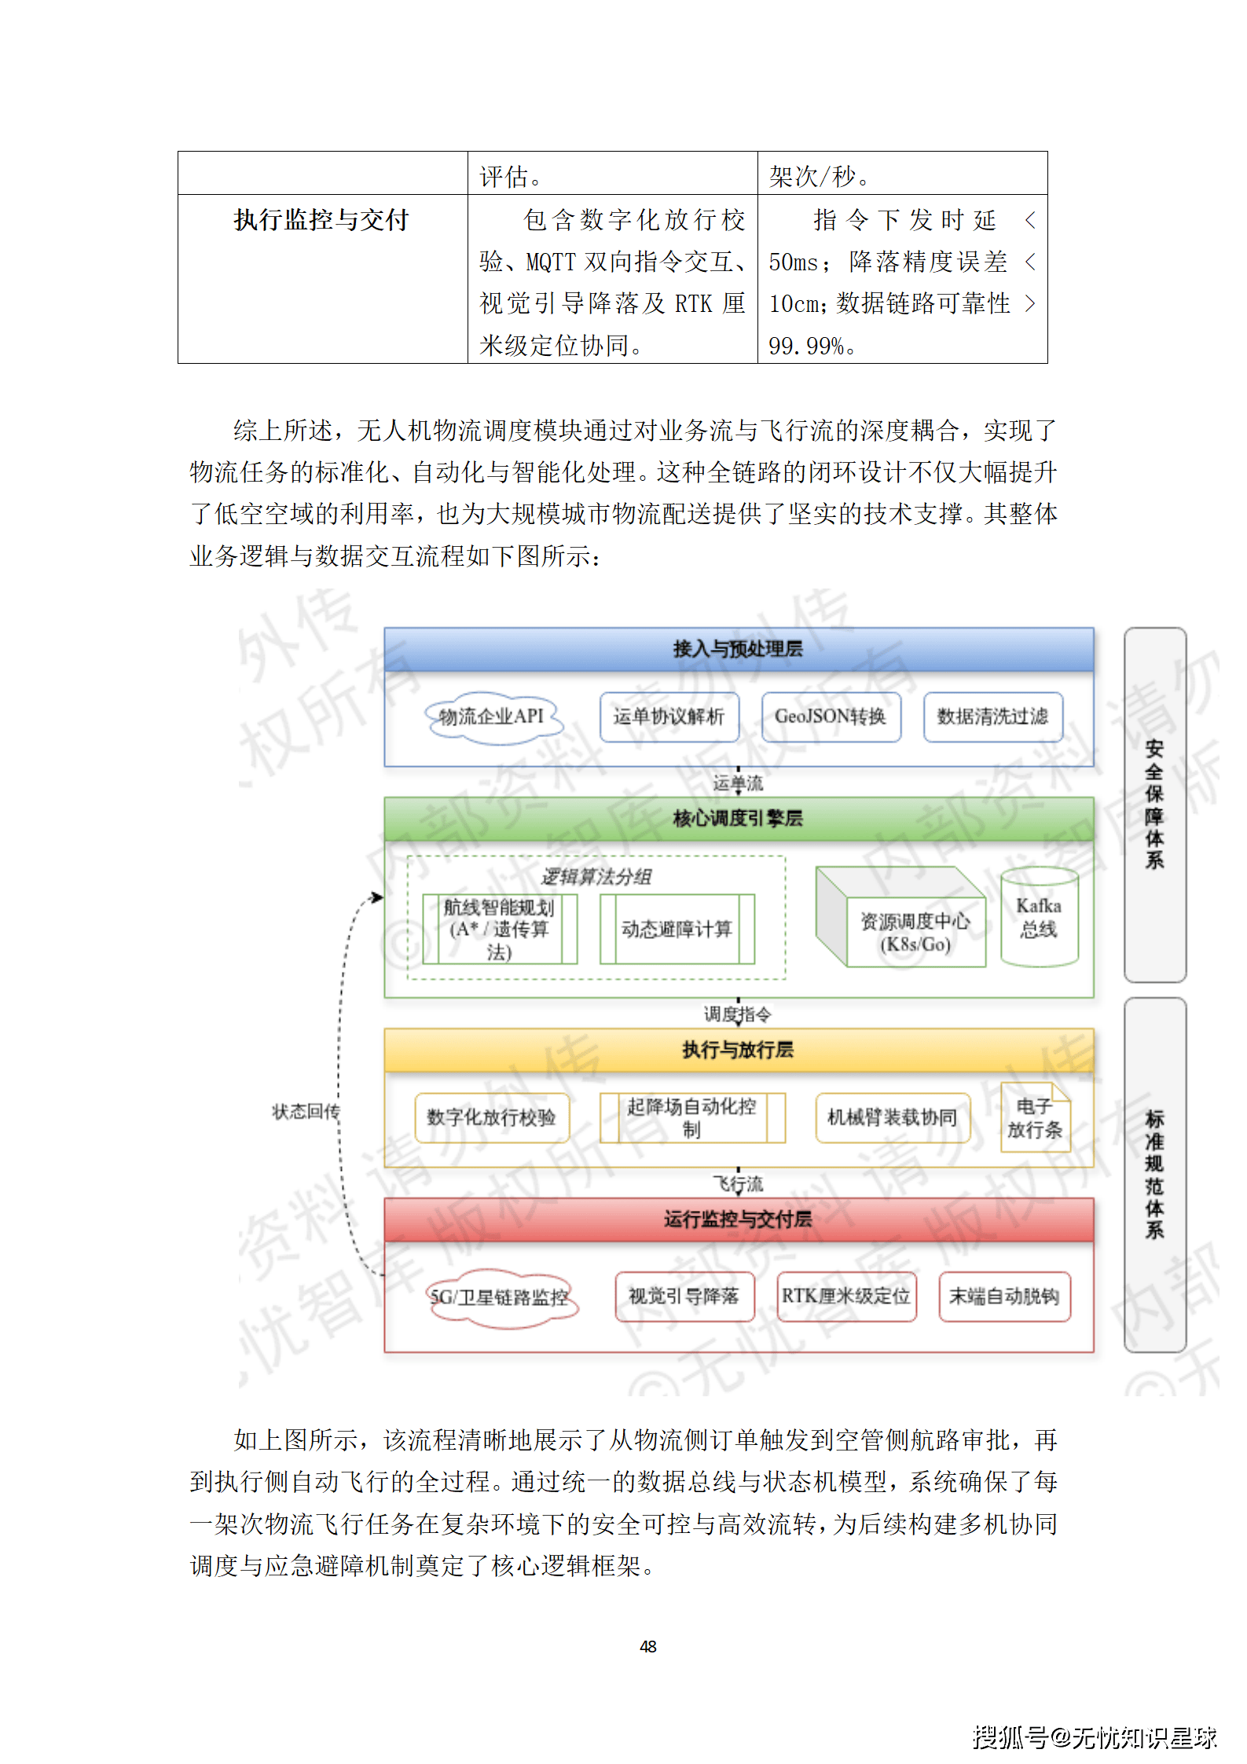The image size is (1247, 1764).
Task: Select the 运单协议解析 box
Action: pyautogui.click(x=669, y=717)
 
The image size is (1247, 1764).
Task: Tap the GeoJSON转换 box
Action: pyautogui.click(x=831, y=717)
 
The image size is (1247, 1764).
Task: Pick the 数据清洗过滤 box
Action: pyautogui.click(x=992, y=717)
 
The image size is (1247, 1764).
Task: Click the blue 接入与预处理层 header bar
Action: pyautogui.click(x=738, y=649)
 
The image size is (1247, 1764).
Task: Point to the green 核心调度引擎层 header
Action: pyautogui.click(x=738, y=819)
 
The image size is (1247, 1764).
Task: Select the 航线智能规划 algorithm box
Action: pyautogui.click(x=499, y=930)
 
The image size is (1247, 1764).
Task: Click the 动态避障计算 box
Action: pyautogui.click(x=677, y=930)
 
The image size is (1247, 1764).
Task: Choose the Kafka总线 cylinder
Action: pyautogui.click(x=1039, y=918)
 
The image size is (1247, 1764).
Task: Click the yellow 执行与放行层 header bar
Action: pyautogui.click(x=738, y=1050)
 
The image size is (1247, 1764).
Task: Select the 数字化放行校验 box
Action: pyautogui.click(x=491, y=1117)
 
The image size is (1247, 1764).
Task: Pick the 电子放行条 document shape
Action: pyautogui.click(x=1035, y=1118)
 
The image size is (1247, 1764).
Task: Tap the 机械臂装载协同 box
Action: pyautogui.click(x=893, y=1117)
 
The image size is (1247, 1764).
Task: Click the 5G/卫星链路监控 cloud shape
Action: pyautogui.click(x=500, y=1297)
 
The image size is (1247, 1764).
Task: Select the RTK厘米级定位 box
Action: pyautogui.click(x=846, y=1296)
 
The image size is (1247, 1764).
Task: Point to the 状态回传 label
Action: pyautogui.click(x=306, y=1112)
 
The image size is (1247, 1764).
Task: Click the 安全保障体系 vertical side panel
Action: pyautogui.click(x=1154, y=804)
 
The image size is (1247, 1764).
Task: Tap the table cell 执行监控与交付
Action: pyautogui.click(x=321, y=220)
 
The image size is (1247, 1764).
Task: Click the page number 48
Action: pyautogui.click(x=648, y=1646)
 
